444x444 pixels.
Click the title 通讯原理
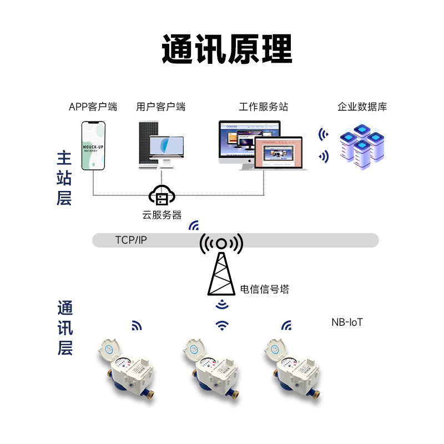coord(226,49)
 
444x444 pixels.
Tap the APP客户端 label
coord(93,107)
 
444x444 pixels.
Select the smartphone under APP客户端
coord(93,146)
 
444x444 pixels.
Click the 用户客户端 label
coord(160,107)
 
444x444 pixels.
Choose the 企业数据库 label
coord(362,107)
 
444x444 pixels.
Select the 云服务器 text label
coord(162,215)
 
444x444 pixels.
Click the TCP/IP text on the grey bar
coord(132,240)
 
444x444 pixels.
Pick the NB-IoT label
coord(347,322)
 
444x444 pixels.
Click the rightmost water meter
coord(295,366)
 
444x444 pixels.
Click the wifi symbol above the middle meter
coord(222,325)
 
